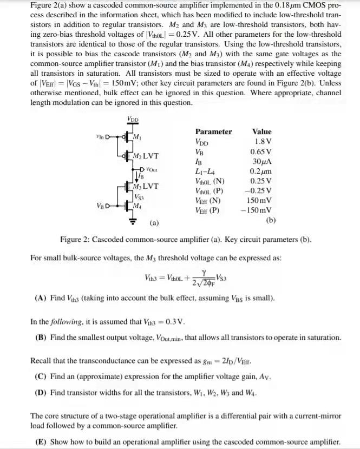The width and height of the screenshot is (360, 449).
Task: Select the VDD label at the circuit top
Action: click(132, 118)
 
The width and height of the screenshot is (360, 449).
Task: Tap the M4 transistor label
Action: click(138, 206)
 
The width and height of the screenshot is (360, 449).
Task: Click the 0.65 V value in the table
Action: click(261, 152)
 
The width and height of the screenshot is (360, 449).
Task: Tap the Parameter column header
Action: click(213, 131)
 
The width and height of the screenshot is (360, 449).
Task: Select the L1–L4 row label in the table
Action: click(202, 171)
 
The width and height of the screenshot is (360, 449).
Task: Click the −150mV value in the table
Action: click(259, 210)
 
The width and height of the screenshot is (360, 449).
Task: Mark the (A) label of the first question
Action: click(41, 298)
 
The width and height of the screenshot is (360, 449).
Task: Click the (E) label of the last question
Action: click(41, 441)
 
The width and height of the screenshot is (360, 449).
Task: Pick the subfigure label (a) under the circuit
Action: click(154, 222)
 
